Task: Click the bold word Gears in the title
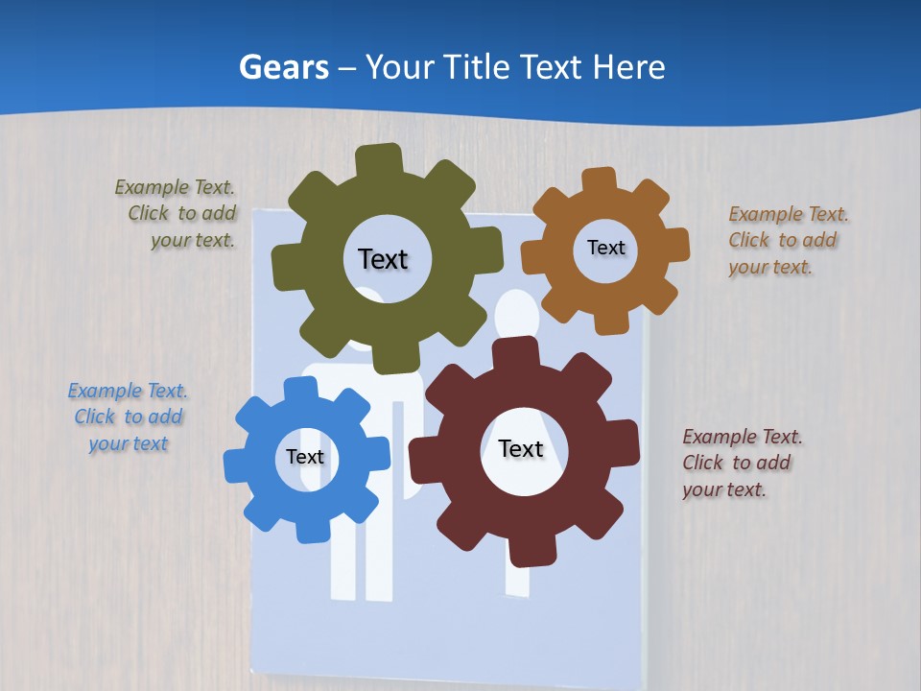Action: (283, 67)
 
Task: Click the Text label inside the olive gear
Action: (383, 259)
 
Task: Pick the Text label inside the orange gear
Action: (605, 248)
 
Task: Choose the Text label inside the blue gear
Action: (304, 457)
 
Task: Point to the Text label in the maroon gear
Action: (521, 448)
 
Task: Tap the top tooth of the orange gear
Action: (599, 180)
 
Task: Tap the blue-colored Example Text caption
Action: (128, 417)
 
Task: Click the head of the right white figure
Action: (516, 312)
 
